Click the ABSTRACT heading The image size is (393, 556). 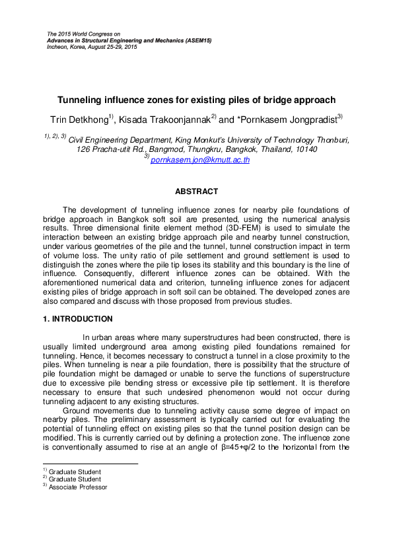(196, 191)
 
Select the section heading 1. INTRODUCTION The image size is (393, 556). (61, 318)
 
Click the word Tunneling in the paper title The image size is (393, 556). (82, 100)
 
